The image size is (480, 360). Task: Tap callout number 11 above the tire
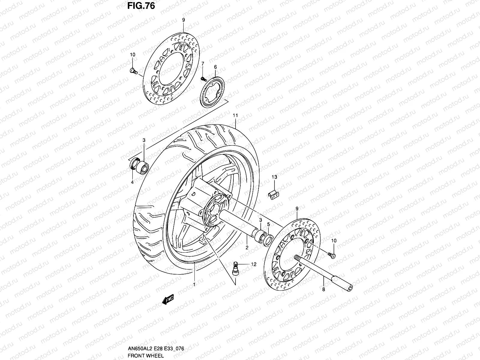235,115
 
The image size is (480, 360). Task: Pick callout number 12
254,264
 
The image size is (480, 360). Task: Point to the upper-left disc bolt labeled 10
133,70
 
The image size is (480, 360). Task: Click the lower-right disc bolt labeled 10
332,255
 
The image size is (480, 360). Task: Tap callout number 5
268,224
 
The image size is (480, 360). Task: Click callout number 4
132,182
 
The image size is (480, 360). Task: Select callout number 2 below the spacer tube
247,247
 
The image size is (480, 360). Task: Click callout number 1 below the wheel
194,284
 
